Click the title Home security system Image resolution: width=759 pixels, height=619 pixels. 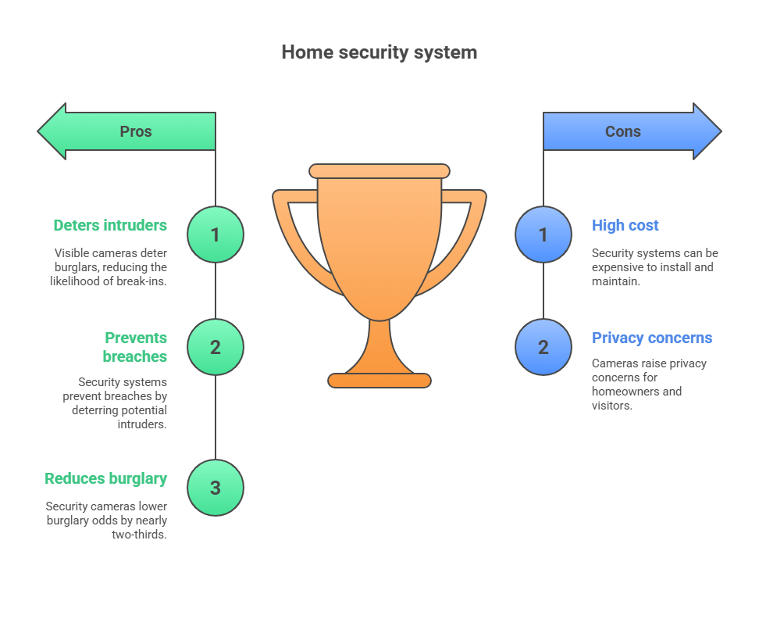tap(379, 52)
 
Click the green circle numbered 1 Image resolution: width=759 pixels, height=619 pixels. tap(216, 234)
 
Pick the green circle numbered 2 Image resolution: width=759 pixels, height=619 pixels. tap(216, 347)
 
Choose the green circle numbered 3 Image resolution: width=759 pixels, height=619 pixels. tap(216, 488)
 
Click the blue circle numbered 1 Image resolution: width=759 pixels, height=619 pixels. tap(543, 234)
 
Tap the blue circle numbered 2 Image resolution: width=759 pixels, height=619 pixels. tap(543, 347)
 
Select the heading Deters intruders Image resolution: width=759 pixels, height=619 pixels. tap(110, 225)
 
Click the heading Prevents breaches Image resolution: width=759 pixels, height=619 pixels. tap(135, 347)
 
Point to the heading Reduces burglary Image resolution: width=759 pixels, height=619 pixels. tap(105, 478)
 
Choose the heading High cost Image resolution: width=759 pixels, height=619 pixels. tap(625, 225)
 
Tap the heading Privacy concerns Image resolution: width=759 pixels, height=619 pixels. tap(652, 338)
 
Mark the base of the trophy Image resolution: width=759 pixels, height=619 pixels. tap(379, 381)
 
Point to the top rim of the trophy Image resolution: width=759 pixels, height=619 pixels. tap(379, 171)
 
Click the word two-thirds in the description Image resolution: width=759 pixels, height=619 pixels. tap(141, 535)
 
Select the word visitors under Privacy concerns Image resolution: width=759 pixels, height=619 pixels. tap(611, 405)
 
